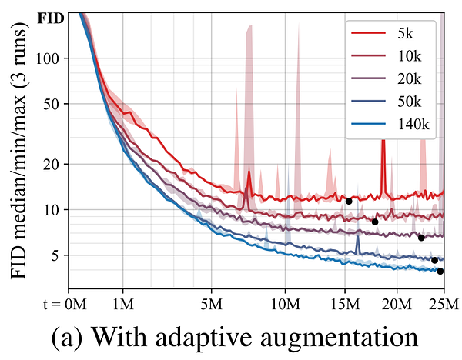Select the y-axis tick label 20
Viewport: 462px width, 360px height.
click(60, 164)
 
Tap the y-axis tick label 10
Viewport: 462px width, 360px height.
click(60, 209)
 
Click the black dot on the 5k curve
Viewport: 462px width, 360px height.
click(349, 202)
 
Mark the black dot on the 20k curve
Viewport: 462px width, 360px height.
click(421, 238)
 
